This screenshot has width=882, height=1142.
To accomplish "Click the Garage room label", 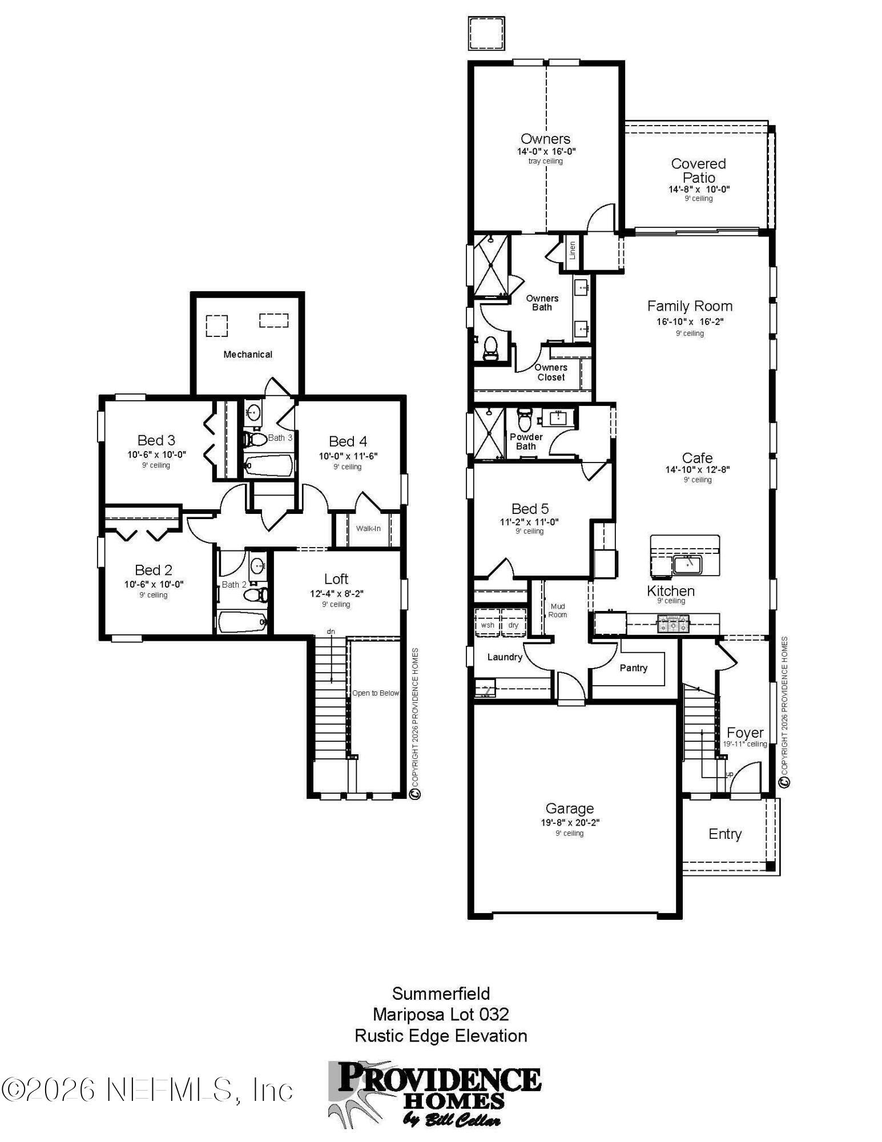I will (x=569, y=808).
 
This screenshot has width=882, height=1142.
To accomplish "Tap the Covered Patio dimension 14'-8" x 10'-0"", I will (x=699, y=189).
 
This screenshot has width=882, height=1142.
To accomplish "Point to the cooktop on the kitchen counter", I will (x=674, y=624).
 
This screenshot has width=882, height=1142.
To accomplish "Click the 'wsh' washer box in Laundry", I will (x=487, y=625).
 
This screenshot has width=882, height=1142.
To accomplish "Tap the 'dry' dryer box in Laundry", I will (x=513, y=625).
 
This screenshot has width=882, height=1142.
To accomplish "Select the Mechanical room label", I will (x=248, y=354).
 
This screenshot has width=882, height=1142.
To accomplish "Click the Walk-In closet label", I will (x=368, y=528).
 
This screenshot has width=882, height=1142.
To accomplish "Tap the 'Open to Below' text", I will (x=375, y=693).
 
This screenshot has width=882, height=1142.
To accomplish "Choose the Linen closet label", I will (x=572, y=250).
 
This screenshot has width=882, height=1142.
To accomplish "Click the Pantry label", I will (x=633, y=667).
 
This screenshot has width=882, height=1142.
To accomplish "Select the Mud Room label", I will (x=558, y=610).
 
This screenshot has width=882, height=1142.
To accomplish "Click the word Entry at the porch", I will (x=724, y=834).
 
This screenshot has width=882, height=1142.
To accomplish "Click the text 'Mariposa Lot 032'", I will (x=441, y=1014).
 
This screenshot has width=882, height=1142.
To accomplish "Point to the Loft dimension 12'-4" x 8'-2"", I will (x=336, y=593).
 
